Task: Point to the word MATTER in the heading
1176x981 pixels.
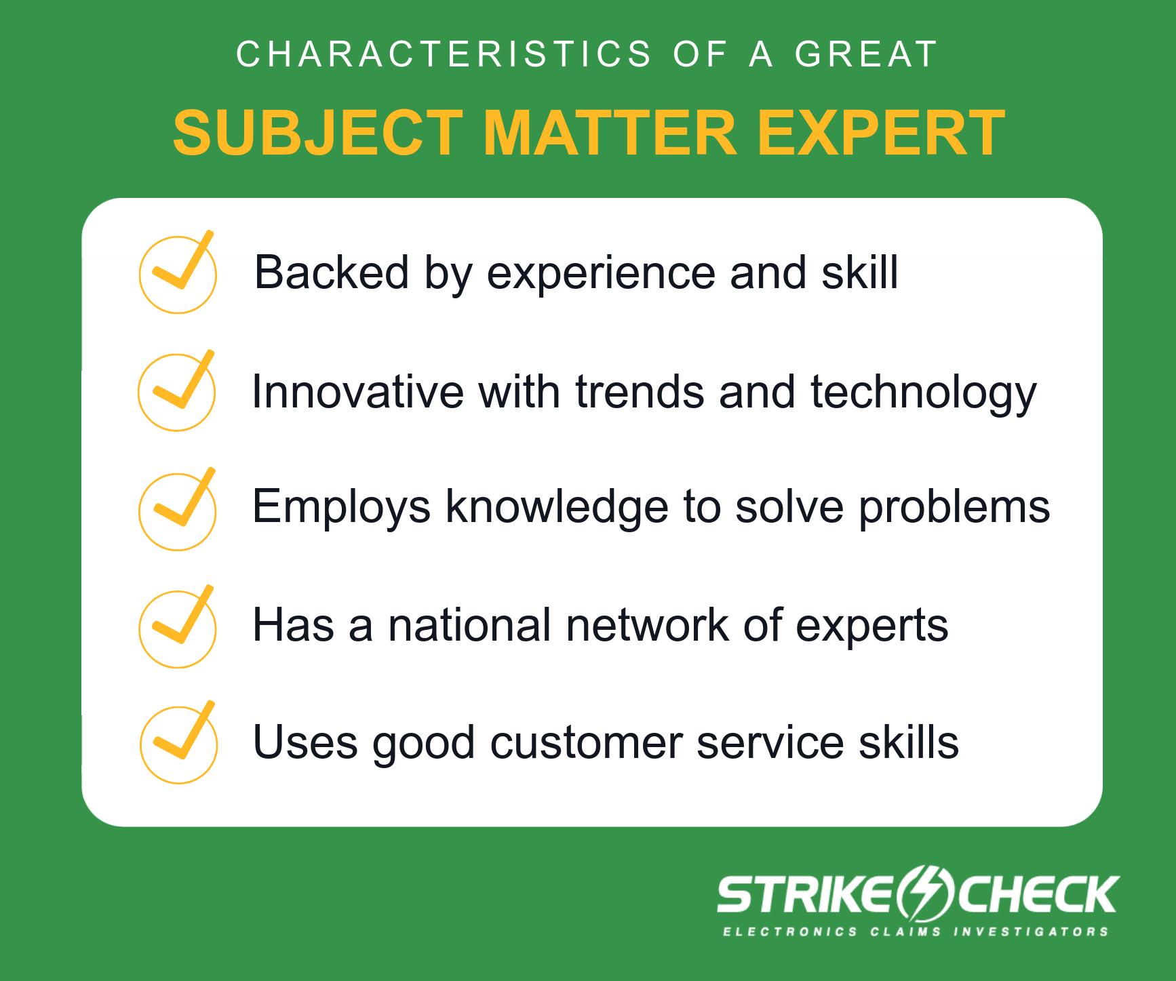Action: (x=610, y=133)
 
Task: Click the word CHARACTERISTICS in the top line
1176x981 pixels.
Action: (x=444, y=54)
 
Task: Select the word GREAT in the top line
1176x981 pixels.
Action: (x=866, y=54)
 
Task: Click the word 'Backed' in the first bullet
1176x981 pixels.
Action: (x=332, y=273)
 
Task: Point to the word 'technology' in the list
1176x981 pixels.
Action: (x=924, y=393)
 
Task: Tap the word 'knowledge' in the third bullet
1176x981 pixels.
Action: (x=557, y=507)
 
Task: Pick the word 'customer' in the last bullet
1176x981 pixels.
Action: (x=586, y=742)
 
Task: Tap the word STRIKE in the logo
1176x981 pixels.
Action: (x=805, y=894)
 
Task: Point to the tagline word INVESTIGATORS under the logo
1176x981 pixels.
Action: (x=1031, y=932)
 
